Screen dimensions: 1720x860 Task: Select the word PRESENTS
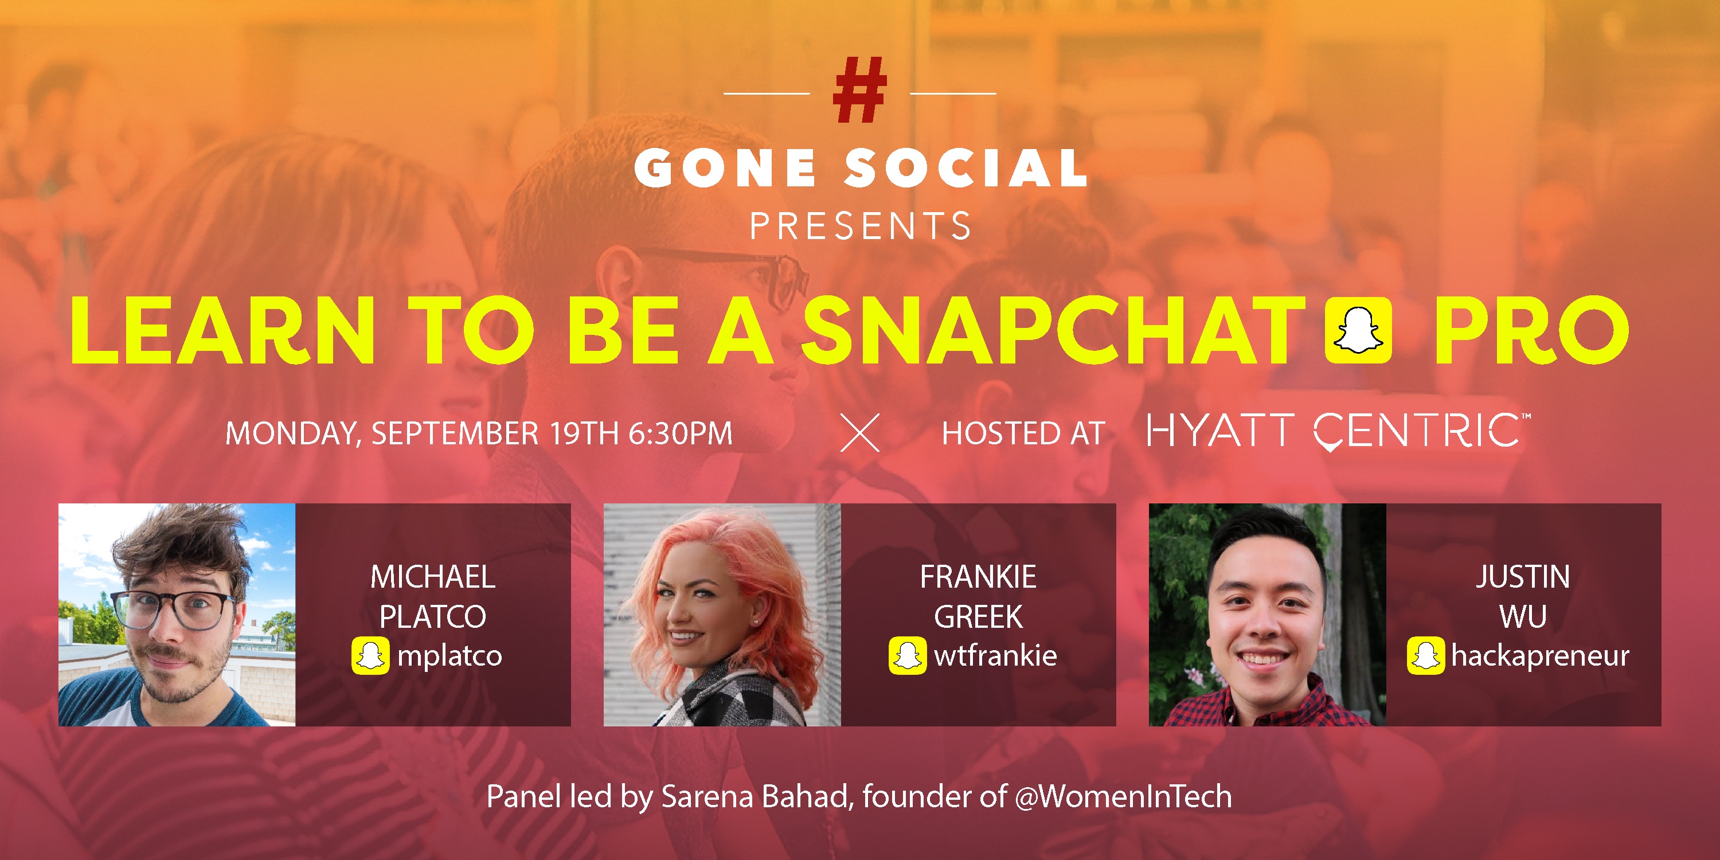click(x=860, y=226)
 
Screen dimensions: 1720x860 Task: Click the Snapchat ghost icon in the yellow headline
click(x=1358, y=330)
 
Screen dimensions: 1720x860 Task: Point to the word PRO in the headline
click(x=1531, y=330)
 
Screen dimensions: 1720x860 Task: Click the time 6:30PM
click(x=681, y=433)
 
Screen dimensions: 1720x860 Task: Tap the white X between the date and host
click(x=860, y=433)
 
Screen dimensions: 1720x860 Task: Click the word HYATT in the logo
click(x=1220, y=430)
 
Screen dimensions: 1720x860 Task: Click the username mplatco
click(x=449, y=656)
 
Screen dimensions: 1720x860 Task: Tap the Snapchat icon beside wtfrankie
click(x=908, y=656)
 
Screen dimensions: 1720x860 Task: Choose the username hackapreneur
click(x=1541, y=656)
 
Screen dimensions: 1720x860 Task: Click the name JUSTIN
click(x=1522, y=577)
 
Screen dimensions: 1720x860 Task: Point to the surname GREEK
click(x=978, y=616)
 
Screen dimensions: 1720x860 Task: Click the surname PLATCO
click(x=433, y=616)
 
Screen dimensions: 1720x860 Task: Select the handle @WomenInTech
click(x=1123, y=796)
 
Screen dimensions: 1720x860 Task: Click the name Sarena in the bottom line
click(x=707, y=796)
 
